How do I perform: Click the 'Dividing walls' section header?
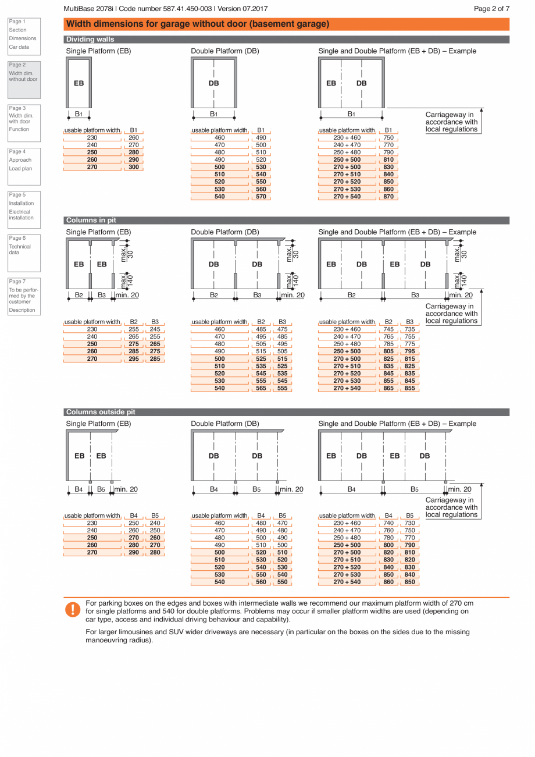[x=90, y=40]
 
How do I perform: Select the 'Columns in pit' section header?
[x=91, y=221]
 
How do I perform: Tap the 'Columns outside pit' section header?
[x=101, y=412]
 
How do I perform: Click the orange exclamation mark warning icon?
[x=73, y=609]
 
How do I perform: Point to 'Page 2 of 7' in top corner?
[x=491, y=9]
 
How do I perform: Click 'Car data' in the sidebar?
[x=19, y=47]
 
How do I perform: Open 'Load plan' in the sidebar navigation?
[x=20, y=169]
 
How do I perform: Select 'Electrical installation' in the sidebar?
[x=21, y=215]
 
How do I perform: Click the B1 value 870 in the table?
[x=388, y=197]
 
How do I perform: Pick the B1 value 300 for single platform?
[x=134, y=167]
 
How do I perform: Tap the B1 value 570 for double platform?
[x=261, y=197]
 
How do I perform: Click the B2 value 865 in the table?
[x=388, y=388]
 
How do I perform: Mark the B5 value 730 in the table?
[x=409, y=523]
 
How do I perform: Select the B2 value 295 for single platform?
[x=134, y=359]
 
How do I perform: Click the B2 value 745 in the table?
[x=388, y=329]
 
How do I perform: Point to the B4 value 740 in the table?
[x=388, y=523]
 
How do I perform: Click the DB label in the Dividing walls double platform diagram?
[x=213, y=83]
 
